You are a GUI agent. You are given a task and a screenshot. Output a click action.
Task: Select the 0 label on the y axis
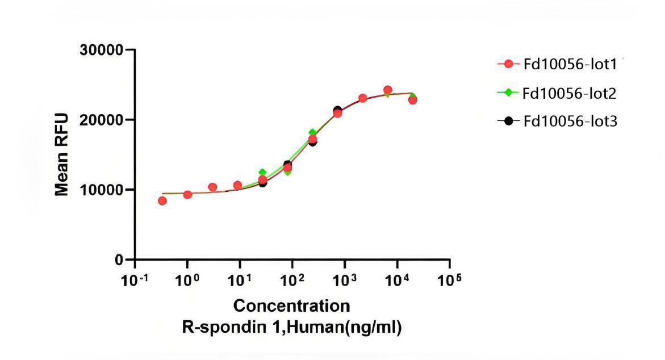(119, 259)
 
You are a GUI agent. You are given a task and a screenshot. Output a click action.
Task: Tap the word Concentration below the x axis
(292, 307)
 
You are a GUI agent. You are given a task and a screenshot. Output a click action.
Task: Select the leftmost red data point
(162, 200)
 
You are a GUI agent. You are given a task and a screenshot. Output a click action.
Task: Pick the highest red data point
(388, 90)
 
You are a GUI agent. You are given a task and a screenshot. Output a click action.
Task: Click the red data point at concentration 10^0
(187, 195)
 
